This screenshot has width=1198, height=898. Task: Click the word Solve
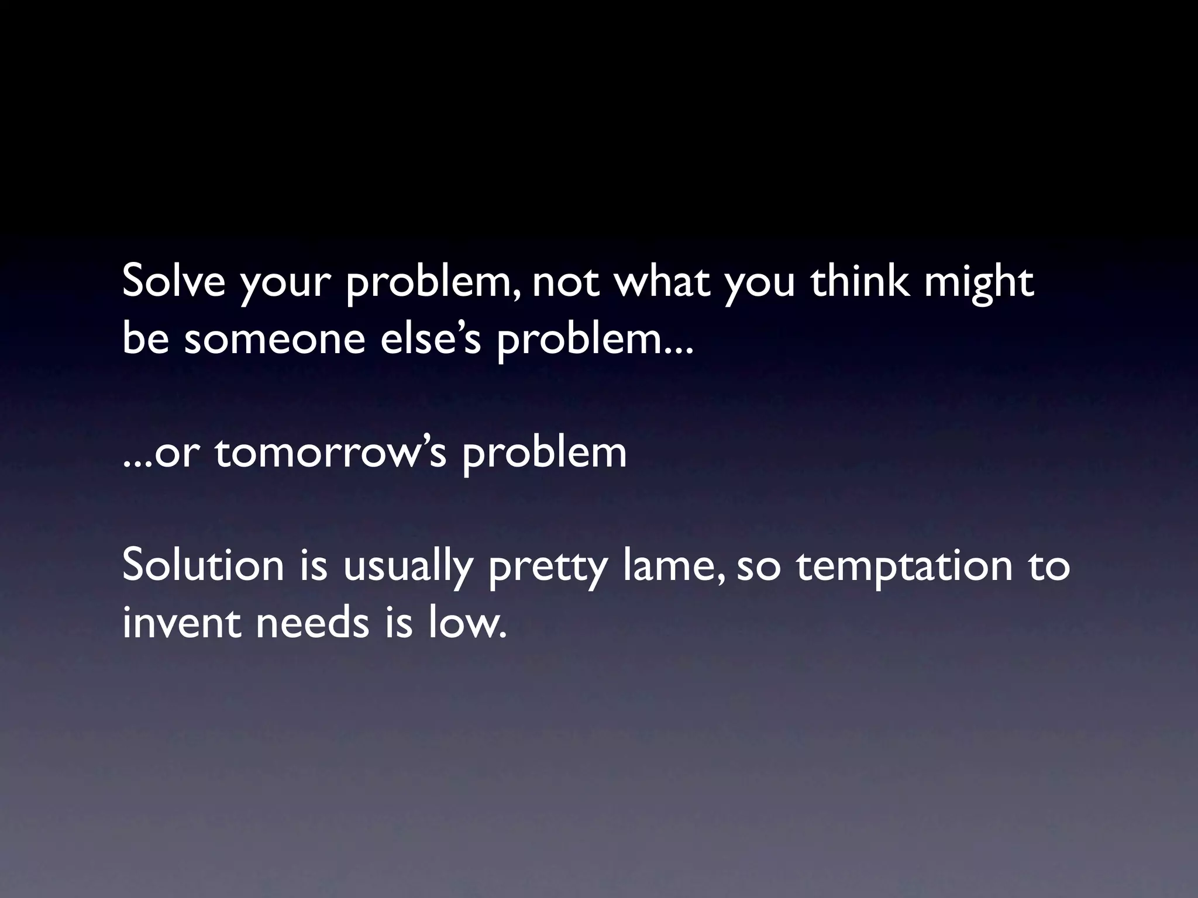pyautogui.click(x=174, y=281)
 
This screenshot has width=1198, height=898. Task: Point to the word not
pyautogui.click(x=566, y=282)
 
